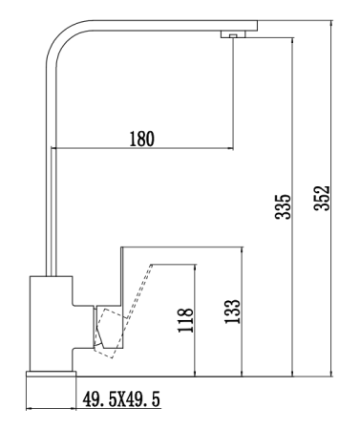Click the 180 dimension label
click(x=140, y=138)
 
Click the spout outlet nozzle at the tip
click(x=232, y=35)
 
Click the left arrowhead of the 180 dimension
click(x=56, y=149)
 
